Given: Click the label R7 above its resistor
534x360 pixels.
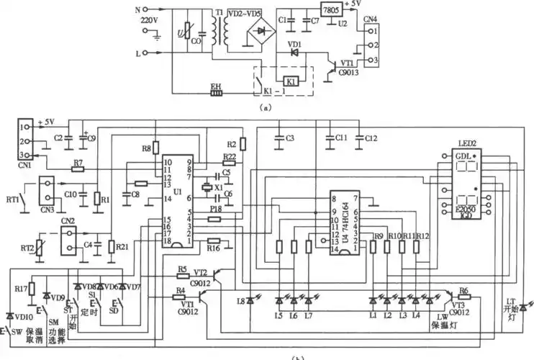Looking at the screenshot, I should pyautogui.click(x=78, y=162).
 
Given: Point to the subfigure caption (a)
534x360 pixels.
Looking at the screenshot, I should pyautogui.click(x=267, y=106).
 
